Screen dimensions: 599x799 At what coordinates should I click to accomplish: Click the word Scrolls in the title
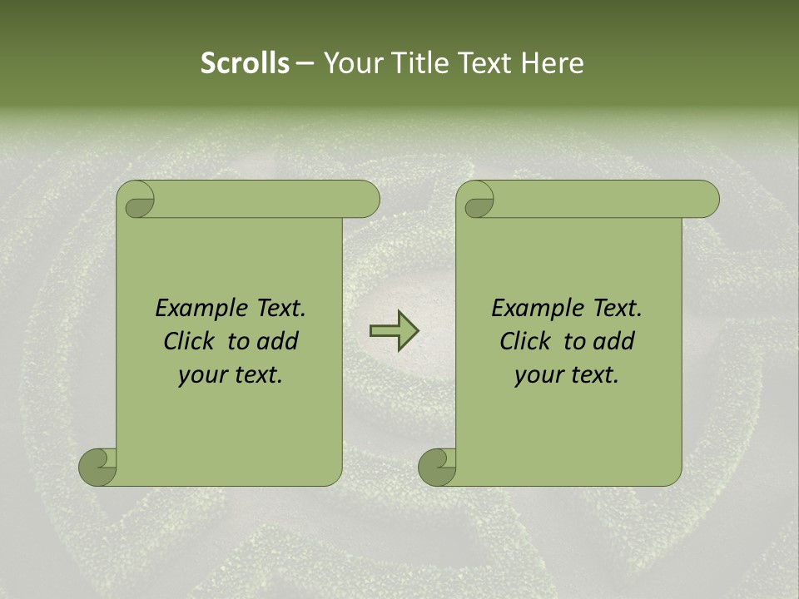[245, 63]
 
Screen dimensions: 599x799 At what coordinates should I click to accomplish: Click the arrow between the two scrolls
[394, 330]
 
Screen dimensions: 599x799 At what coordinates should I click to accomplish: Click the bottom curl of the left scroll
[98, 468]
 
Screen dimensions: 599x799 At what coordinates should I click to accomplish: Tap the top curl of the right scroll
[477, 200]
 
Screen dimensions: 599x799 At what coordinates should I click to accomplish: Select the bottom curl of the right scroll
[438, 468]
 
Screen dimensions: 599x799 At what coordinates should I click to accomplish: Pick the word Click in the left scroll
[191, 342]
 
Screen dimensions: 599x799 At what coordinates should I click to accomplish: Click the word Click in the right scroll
[527, 342]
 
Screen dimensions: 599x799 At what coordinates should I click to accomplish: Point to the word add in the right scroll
[612, 342]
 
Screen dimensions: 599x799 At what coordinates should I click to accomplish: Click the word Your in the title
[348, 63]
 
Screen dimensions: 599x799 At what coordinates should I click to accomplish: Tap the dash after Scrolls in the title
[305, 64]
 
